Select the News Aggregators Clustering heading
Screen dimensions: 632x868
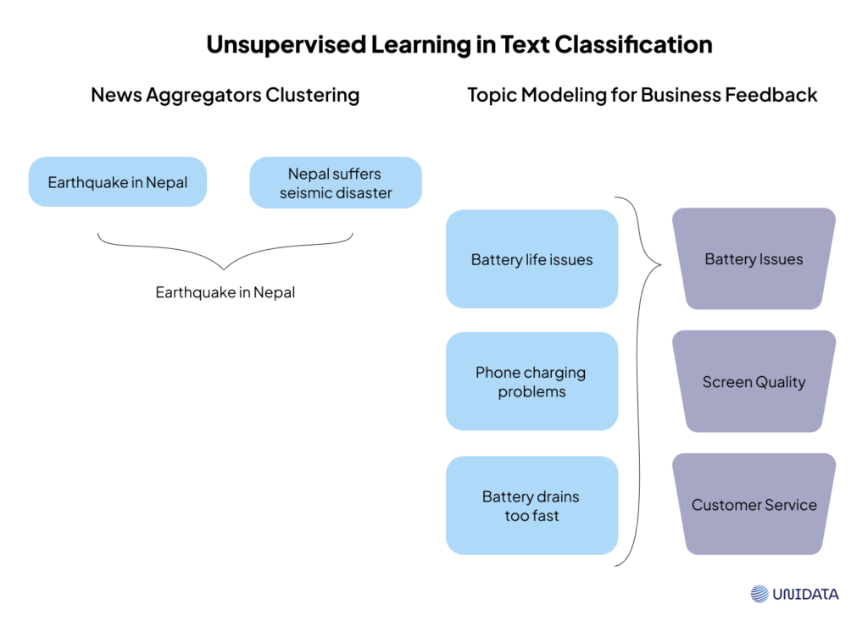click(x=225, y=95)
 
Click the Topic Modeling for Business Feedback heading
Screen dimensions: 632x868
click(x=642, y=95)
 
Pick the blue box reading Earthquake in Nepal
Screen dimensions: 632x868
click(x=118, y=182)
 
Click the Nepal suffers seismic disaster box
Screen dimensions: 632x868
click(x=336, y=183)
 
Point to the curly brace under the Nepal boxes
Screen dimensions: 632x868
click(x=225, y=252)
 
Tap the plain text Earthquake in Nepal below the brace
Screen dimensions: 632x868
click(x=225, y=293)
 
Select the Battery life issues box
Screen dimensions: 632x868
click(x=531, y=259)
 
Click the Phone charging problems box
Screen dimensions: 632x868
click(x=531, y=382)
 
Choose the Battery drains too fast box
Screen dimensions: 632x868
click(x=531, y=506)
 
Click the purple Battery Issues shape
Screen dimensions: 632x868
click(x=754, y=259)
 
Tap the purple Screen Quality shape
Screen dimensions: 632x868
click(x=754, y=382)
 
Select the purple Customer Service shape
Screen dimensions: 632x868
click(x=754, y=505)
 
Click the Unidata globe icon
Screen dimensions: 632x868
click(x=759, y=594)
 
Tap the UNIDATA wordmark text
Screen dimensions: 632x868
click(x=805, y=595)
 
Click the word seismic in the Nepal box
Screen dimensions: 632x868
click(x=308, y=193)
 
